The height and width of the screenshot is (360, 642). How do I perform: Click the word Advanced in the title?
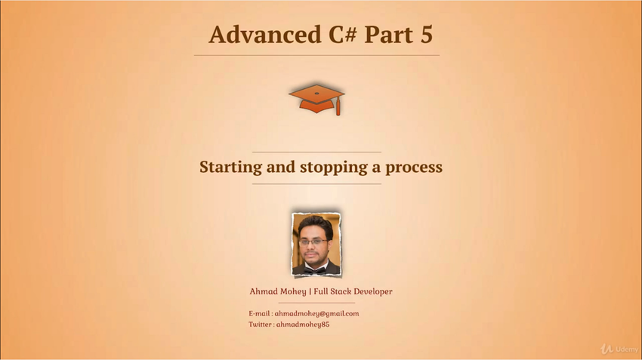point(265,35)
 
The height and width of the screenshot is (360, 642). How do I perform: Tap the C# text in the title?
point(343,35)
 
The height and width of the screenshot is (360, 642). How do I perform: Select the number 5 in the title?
point(426,35)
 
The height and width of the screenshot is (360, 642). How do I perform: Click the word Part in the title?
point(388,35)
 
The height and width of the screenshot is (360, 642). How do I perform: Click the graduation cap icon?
point(316,99)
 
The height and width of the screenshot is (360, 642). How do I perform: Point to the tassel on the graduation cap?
point(338,108)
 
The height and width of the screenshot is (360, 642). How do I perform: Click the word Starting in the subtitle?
point(230,168)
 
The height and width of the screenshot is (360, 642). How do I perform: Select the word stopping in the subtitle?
point(333,168)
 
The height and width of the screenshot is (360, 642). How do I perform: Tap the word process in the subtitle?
point(414,168)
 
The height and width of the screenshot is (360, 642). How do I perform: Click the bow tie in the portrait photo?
point(315,270)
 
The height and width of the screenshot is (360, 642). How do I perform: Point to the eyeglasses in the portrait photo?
point(313,242)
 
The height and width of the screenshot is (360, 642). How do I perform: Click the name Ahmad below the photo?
point(264,291)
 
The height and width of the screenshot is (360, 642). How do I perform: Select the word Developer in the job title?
point(372,291)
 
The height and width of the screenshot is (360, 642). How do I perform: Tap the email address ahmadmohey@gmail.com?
point(316,314)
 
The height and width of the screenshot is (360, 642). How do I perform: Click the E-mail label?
point(259,314)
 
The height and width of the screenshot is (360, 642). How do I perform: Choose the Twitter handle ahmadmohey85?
point(303,325)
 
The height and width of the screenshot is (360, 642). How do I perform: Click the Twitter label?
point(260,325)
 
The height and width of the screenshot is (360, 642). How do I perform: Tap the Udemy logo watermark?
point(619,349)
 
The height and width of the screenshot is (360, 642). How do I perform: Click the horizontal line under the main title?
point(316,55)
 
